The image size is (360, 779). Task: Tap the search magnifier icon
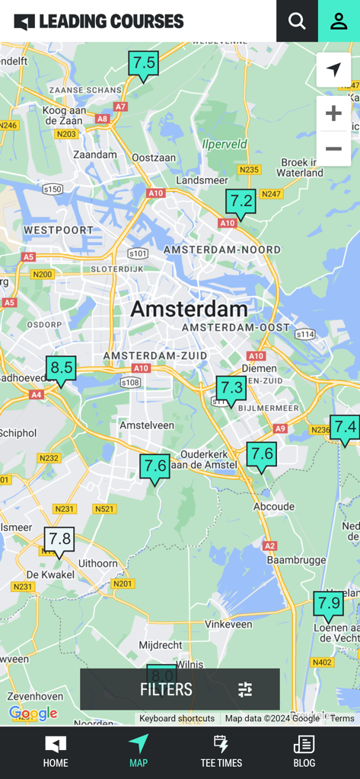tap(297, 21)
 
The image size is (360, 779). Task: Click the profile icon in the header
tap(339, 21)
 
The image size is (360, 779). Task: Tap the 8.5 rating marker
tap(61, 369)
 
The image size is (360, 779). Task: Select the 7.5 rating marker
tap(143, 63)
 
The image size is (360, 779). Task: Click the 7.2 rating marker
tap(241, 202)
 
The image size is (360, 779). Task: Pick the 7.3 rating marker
tap(231, 389)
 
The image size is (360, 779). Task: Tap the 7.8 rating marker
tap(59, 540)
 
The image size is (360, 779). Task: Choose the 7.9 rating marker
tap(329, 605)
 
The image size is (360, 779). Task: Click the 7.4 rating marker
tap(345, 428)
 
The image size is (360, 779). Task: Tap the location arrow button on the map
tap(333, 70)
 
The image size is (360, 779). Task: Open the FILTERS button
tap(180, 689)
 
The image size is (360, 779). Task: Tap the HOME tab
tap(56, 752)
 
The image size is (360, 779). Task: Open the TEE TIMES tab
tap(221, 752)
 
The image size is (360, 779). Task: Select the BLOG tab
tap(304, 752)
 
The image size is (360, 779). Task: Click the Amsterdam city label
tap(189, 309)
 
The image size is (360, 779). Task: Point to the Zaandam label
tap(95, 154)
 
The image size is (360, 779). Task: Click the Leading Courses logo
tap(99, 21)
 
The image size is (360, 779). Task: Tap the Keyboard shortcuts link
tap(177, 718)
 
